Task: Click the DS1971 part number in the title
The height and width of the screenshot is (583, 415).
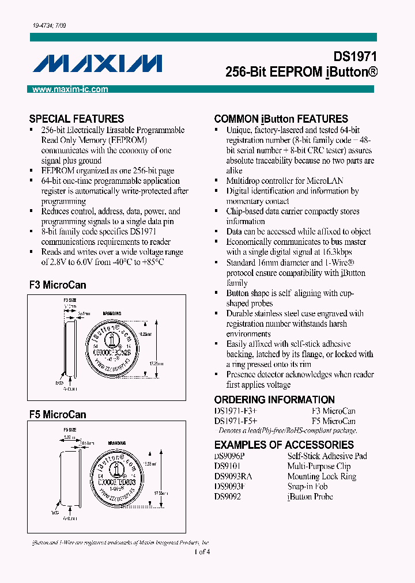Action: pos(355,58)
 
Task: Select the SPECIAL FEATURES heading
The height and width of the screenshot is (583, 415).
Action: pos(77,119)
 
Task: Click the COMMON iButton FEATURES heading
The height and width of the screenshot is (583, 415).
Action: pos(281,119)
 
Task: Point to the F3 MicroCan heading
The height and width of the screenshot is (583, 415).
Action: pos(58,285)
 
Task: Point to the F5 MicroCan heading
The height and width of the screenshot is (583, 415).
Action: pos(58,414)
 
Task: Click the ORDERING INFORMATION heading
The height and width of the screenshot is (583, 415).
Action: pos(274,400)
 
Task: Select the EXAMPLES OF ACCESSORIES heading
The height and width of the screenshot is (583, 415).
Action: pos(284,445)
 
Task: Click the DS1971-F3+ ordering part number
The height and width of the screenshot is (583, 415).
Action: pos(236,411)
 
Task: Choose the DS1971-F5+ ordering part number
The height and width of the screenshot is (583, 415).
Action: pos(236,421)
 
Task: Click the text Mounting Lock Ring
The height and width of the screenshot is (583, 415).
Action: pos(322,476)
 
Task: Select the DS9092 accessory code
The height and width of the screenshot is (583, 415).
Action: pos(228,497)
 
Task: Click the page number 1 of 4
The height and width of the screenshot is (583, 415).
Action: pos(202,552)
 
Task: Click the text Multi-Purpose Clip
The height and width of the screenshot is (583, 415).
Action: pos(319,466)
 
